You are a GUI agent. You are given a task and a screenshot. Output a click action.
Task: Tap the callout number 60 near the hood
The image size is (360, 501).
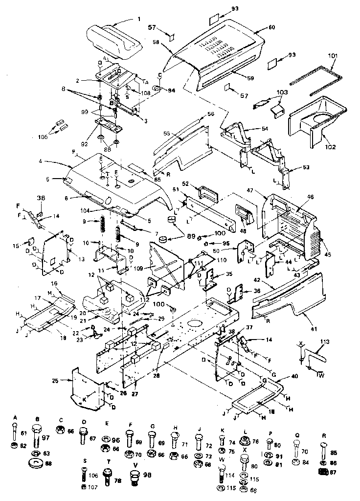click(272, 27)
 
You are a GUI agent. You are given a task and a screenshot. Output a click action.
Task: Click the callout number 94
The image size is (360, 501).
click(172, 91)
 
